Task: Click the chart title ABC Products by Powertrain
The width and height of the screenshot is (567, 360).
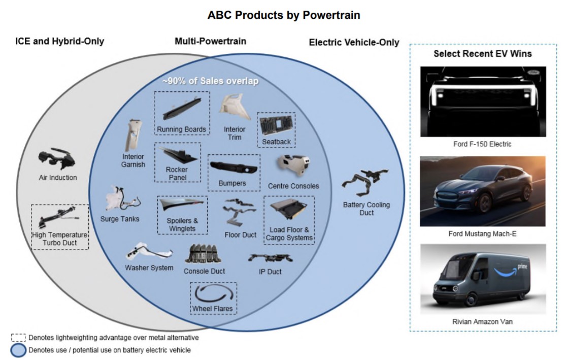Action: (x=284, y=15)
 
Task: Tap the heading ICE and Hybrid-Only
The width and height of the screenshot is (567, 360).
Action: (x=60, y=41)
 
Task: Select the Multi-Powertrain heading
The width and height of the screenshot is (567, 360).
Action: (x=210, y=41)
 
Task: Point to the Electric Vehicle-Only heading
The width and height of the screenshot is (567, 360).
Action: (x=354, y=43)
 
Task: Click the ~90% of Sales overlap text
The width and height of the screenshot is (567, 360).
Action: (x=210, y=81)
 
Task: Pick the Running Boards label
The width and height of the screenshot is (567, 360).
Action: (x=181, y=129)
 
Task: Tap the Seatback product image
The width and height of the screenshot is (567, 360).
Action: (x=276, y=125)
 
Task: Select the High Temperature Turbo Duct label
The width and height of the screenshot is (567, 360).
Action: (x=60, y=239)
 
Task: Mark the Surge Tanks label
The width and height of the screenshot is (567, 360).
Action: (x=120, y=219)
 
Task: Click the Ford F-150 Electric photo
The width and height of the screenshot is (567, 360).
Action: (x=483, y=102)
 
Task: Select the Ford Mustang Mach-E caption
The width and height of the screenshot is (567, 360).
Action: (x=482, y=234)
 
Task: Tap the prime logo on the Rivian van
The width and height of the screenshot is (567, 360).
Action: (x=522, y=266)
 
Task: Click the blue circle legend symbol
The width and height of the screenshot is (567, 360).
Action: (x=18, y=350)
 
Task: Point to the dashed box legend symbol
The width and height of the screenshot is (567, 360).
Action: (x=18, y=338)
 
